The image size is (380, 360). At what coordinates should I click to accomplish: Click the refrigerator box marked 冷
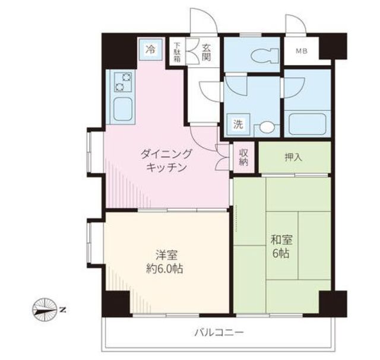[151, 50]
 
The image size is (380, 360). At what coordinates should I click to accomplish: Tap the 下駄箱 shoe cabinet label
[178, 52]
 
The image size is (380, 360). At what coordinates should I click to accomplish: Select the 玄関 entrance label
[206, 52]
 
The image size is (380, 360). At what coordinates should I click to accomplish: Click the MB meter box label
[302, 52]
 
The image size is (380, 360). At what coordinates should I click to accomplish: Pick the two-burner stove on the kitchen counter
[123, 82]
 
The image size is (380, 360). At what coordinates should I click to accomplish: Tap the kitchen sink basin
[123, 109]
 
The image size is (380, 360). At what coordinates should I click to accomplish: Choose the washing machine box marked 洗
[238, 125]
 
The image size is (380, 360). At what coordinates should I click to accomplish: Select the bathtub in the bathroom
[308, 123]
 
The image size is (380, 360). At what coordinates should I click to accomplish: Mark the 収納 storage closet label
[243, 157]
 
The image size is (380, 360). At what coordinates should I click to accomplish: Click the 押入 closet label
[293, 158]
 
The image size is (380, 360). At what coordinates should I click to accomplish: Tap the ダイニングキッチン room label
[166, 160]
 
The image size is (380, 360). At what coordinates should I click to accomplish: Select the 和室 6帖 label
[281, 247]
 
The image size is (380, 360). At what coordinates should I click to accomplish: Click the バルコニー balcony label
[219, 333]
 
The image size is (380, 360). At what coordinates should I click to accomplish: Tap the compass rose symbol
[44, 310]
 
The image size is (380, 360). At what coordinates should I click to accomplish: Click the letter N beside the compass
[62, 310]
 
